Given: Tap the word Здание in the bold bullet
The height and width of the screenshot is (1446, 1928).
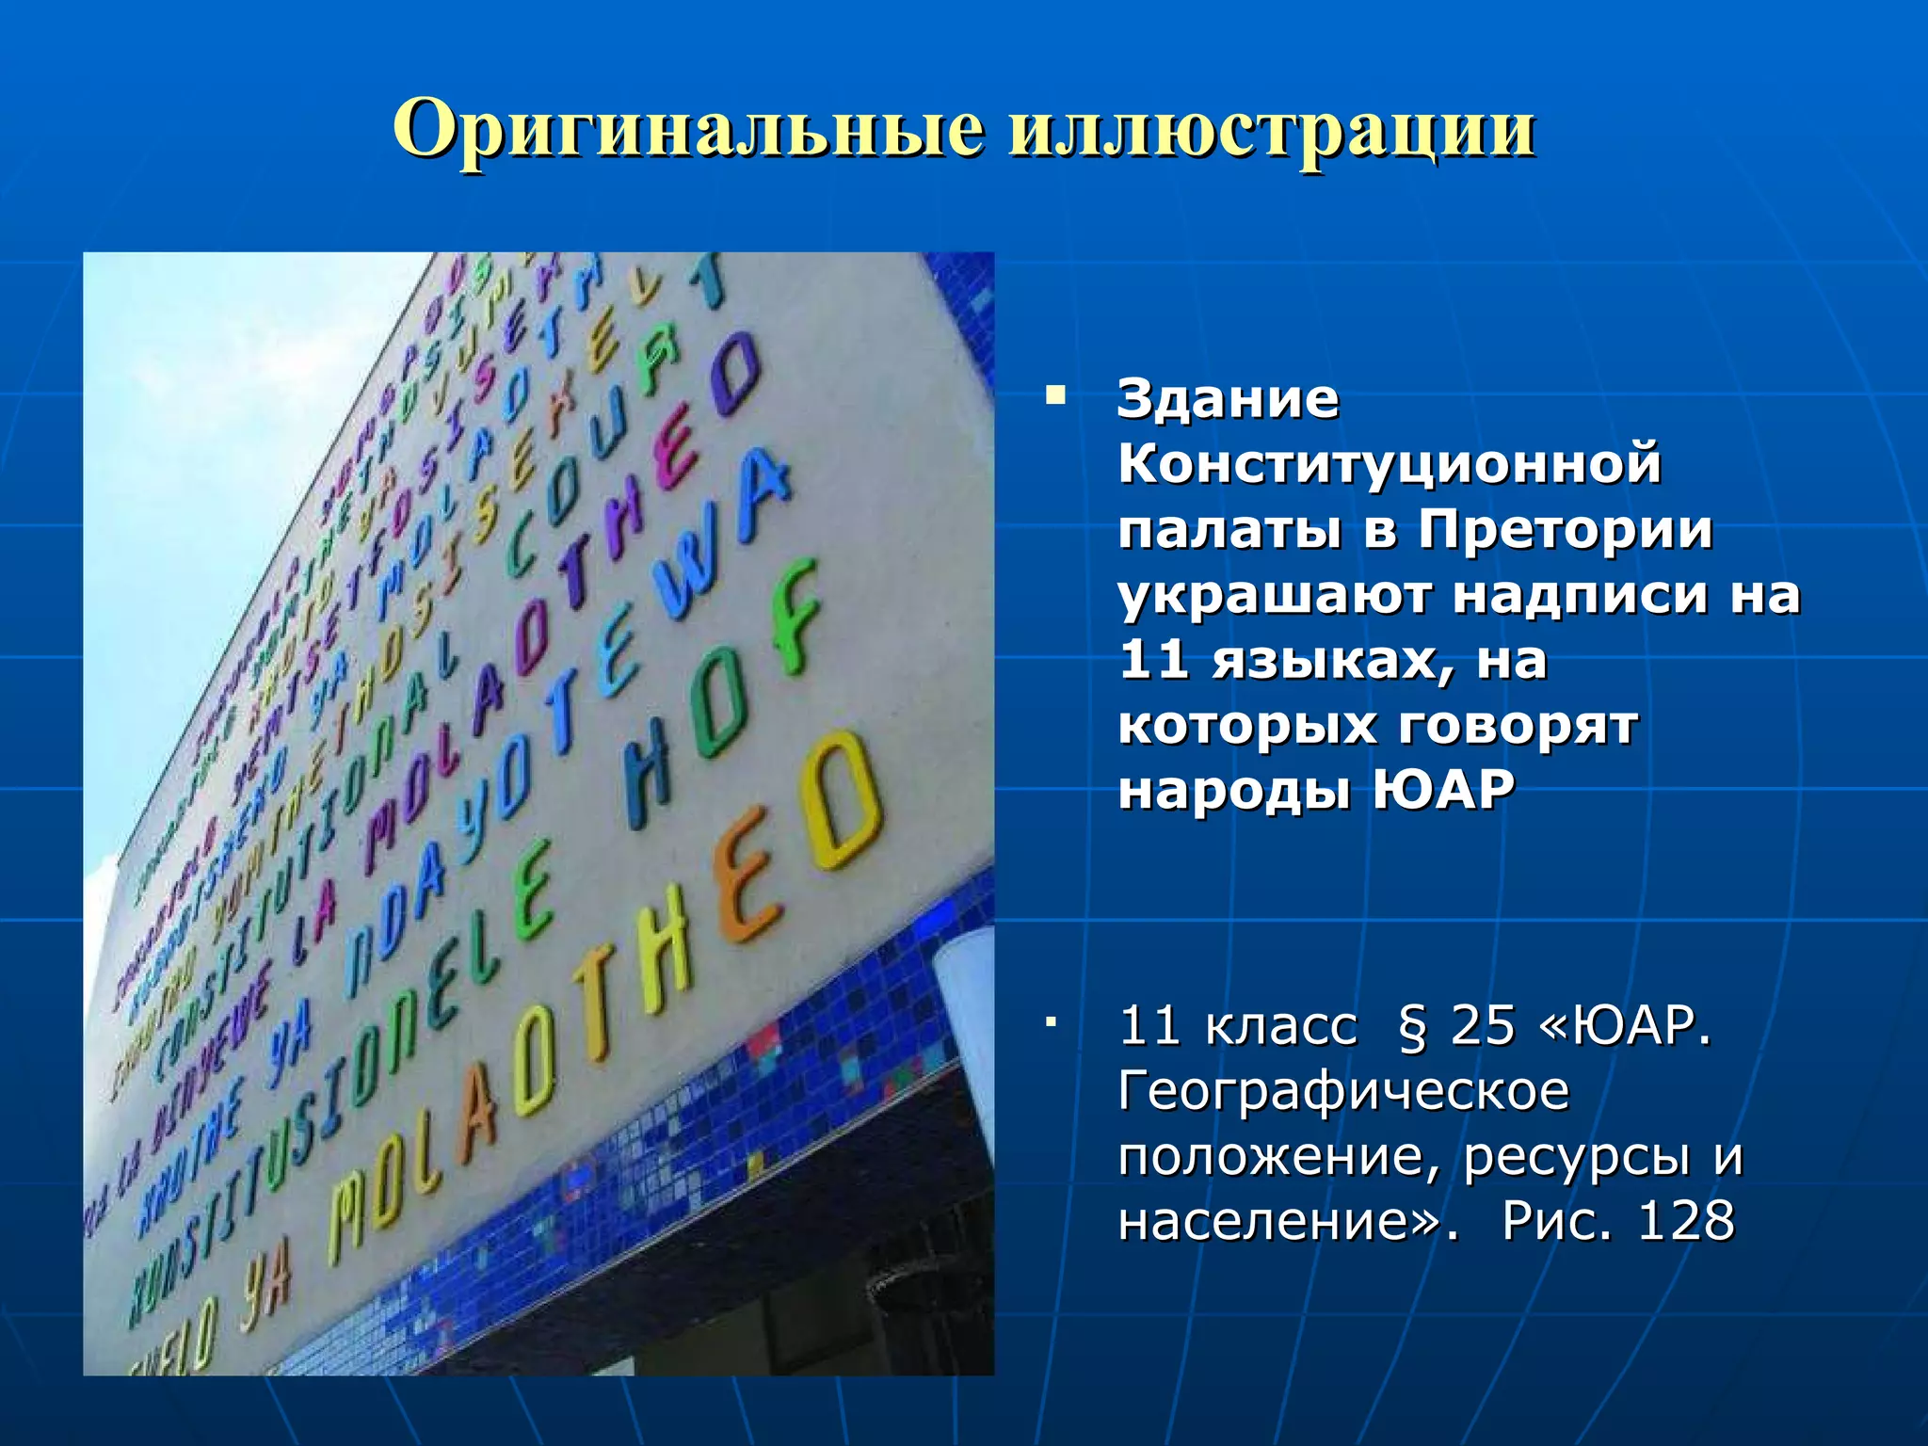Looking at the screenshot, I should click(x=1228, y=399).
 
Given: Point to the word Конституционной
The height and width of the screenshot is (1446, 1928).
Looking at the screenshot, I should click(x=1390, y=464).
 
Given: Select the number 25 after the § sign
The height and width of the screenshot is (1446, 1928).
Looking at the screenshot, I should click(x=1483, y=1025).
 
